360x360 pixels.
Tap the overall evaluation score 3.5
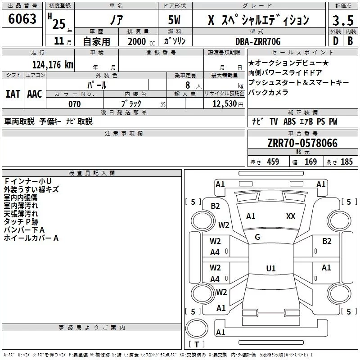pos(342,21)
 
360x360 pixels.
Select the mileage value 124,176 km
pos(53,64)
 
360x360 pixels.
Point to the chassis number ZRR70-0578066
pos(302,144)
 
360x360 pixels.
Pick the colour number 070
pos(74,104)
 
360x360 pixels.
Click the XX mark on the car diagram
pos(291,216)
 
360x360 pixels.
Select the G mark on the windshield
pos(257,237)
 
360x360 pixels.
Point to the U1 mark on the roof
pos(270,269)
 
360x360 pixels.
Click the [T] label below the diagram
pos(197,345)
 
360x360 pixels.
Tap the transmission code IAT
pos(13,94)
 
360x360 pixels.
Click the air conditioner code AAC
pos(35,94)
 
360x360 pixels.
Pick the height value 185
pos(346,162)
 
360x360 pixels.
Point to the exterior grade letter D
pos(335,41)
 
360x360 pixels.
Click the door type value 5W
pos(175,21)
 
